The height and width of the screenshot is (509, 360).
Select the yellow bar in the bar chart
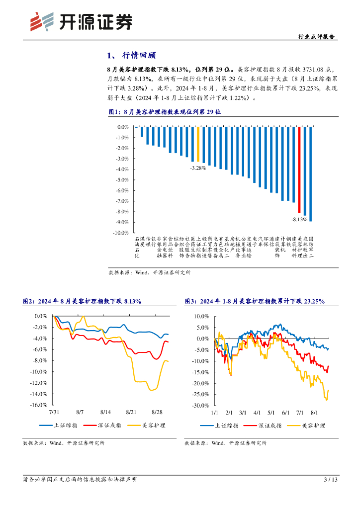point(198,144)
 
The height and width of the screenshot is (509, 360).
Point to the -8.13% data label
point(299,219)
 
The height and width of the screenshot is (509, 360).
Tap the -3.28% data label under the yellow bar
point(198,168)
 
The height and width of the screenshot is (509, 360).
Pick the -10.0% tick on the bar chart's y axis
point(121,233)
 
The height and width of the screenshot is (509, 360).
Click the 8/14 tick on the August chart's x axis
point(105,413)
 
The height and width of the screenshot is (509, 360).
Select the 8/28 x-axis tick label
point(157,413)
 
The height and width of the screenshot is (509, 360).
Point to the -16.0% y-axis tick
point(38,405)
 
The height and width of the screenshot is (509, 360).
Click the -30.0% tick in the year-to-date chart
point(201,406)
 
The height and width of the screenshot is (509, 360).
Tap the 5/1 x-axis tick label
point(271,413)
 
